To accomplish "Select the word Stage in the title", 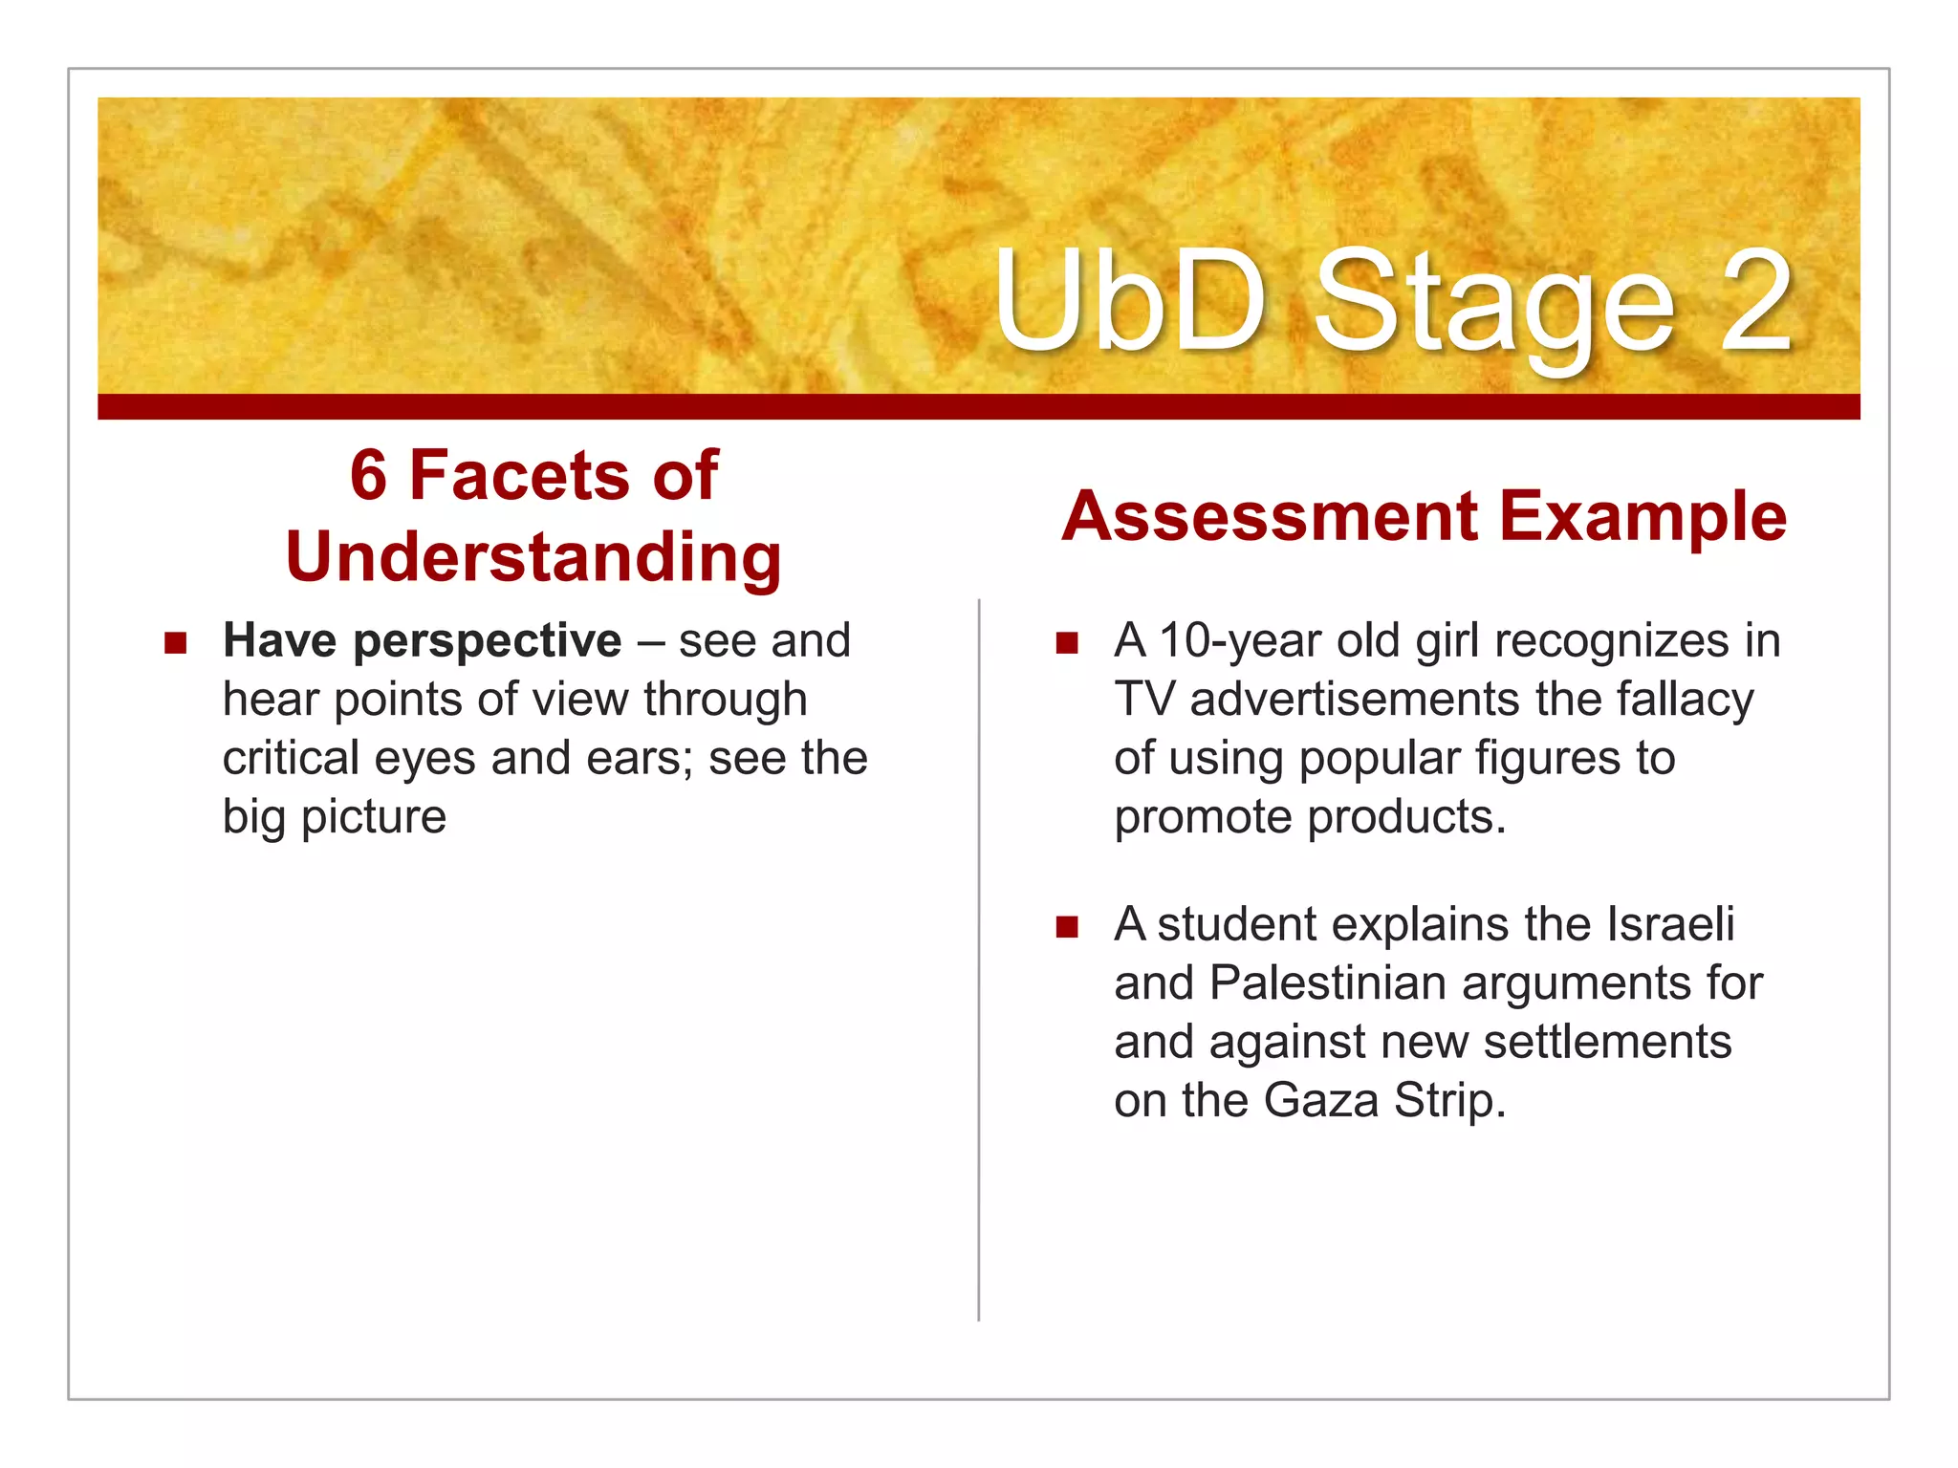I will (1494, 306).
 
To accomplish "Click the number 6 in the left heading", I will (369, 475).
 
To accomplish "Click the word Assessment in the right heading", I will (1271, 517).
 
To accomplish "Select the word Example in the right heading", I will (1643, 517).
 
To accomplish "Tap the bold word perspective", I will (488, 641).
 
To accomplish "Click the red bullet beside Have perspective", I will (175, 641).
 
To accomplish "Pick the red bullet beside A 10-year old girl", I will (1067, 641).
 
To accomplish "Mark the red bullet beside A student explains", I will (1067, 925).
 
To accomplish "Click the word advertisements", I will (1355, 700).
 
